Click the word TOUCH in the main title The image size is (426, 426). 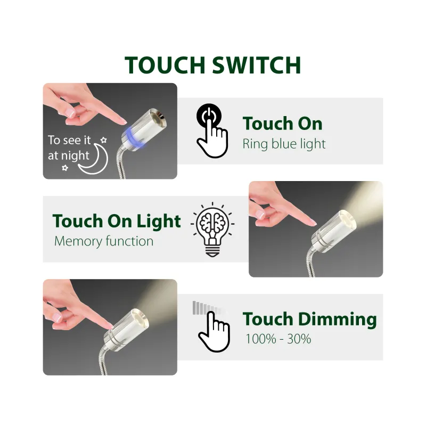click(x=165, y=65)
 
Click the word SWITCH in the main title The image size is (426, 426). click(x=257, y=65)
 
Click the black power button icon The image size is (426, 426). click(x=209, y=116)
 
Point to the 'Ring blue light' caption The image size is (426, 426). click(x=284, y=144)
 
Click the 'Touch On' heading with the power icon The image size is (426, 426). click(x=283, y=124)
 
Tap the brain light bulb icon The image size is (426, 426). click(x=212, y=230)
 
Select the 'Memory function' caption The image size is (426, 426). click(x=104, y=241)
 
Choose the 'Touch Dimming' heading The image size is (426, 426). click(x=310, y=319)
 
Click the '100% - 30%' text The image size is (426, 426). click(x=278, y=339)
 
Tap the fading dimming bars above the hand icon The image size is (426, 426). click(x=210, y=308)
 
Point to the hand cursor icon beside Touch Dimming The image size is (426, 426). click(x=215, y=332)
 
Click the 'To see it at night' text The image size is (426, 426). click(x=69, y=148)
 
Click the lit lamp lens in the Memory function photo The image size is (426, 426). click(x=347, y=219)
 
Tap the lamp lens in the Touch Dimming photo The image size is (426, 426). click(x=141, y=318)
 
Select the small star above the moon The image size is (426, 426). click(x=103, y=140)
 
